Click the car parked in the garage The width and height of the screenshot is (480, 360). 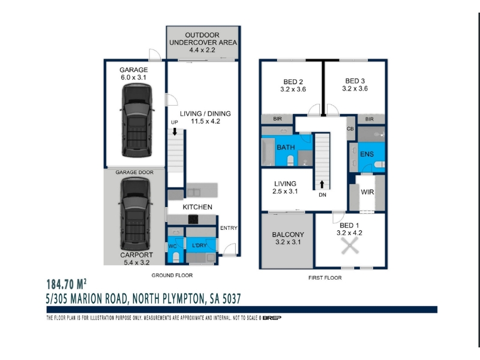tap(137, 121)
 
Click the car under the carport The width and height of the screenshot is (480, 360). tap(135, 214)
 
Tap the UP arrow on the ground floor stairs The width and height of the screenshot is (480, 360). tap(175, 131)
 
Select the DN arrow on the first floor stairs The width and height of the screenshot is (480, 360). tap(322, 184)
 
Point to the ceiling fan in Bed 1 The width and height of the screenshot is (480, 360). tap(350, 246)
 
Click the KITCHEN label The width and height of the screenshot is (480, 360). tap(197, 207)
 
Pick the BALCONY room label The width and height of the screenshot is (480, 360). tap(288, 235)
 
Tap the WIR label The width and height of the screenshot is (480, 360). tap(367, 192)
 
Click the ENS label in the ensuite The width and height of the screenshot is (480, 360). tap(367, 154)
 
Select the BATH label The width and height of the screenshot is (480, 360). tap(286, 147)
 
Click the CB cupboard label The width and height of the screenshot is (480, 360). tap(350, 129)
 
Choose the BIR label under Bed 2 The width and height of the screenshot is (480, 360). tap(277, 119)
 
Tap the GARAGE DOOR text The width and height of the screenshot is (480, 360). tap(134, 172)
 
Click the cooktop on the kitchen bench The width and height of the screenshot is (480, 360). tap(193, 220)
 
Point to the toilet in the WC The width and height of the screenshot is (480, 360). tap(176, 257)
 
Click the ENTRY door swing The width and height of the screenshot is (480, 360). tap(230, 250)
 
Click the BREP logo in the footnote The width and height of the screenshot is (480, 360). tap(272, 318)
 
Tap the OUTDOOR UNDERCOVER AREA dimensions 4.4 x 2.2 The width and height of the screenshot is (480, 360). tap(202, 50)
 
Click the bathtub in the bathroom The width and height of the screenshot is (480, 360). tap(268, 152)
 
